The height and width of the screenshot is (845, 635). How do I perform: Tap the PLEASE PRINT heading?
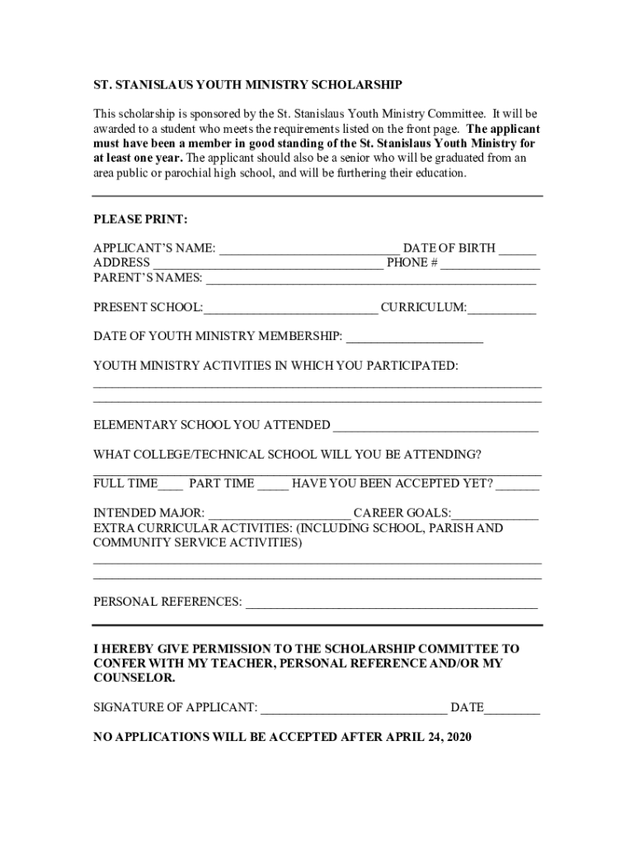coord(140,220)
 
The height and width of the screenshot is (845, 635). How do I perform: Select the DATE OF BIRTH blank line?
coord(517,248)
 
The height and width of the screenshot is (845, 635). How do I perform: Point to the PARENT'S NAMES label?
coord(148,278)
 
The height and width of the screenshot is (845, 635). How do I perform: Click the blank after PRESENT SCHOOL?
coord(291,309)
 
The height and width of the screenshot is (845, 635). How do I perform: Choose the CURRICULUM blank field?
coord(501,309)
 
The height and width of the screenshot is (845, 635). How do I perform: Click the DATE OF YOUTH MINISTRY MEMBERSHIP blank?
coord(414,338)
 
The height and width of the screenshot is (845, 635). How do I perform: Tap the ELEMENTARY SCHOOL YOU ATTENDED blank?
coord(435,426)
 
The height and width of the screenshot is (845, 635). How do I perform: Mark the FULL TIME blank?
coord(171,484)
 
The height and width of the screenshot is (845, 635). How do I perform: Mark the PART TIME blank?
coord(273,484)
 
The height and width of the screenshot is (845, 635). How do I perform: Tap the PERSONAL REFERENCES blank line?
coord(392,602)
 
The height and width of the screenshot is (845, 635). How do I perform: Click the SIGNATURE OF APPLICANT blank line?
coord(354,708)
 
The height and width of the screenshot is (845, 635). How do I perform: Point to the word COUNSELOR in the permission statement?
coord(134,678)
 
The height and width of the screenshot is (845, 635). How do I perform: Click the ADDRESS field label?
coord(121,263)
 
